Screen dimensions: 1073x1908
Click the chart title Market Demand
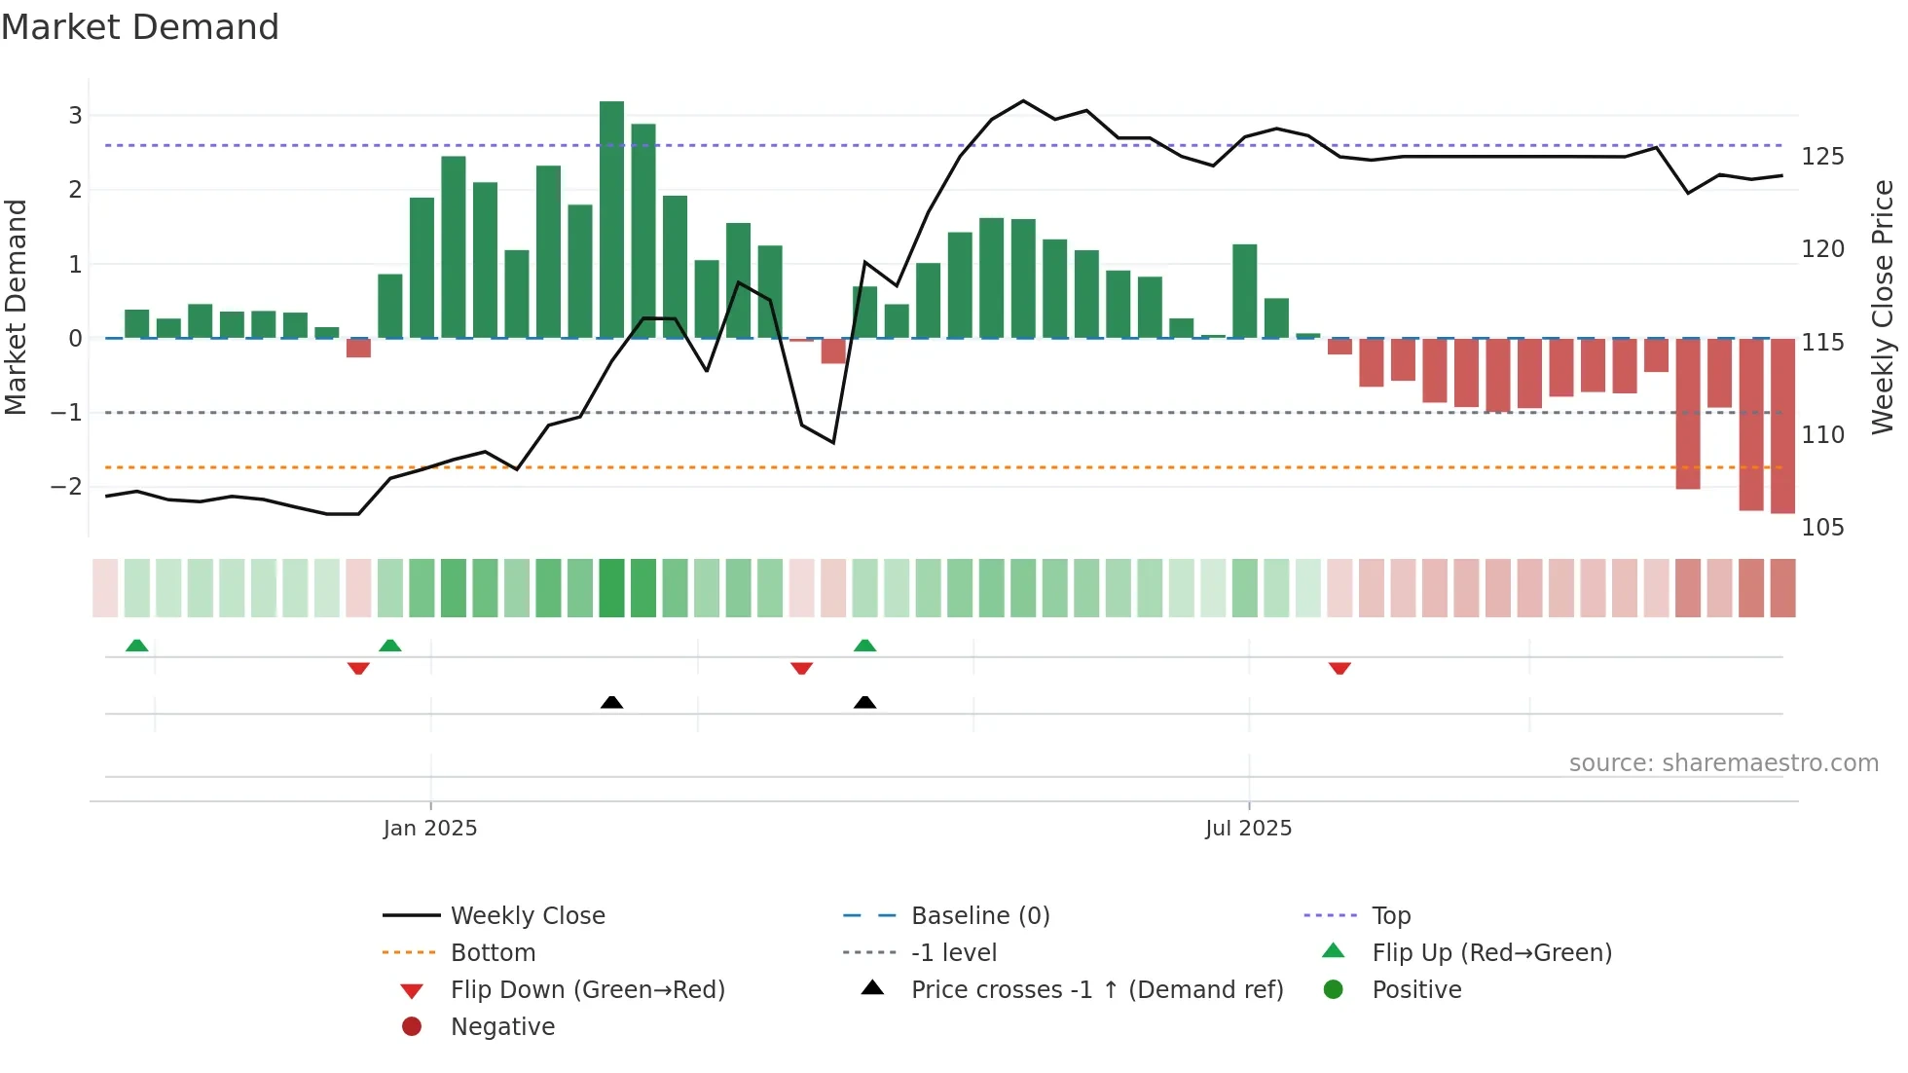pyautogui.click(x=140, y=27)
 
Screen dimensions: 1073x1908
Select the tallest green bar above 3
pyautogui.click(x=611, y=219)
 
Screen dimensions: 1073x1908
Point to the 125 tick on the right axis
pyautogui.click(x=1821, y=157)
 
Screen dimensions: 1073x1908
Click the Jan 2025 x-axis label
pyautogui.click(x=429, y=829)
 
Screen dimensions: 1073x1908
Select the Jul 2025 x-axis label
pyautogui.click(x=1248, y=829)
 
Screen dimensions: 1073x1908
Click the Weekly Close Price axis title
pyautogui.click(x=1883, y=307)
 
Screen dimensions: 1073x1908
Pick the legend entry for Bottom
pyautogui.click(x=493, y=953)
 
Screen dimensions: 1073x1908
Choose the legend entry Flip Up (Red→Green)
pyautogui.click(x=1491, y=953)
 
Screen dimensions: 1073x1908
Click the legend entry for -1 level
pyautogui.click(x=953, y=953)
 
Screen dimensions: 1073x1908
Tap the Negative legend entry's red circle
pyautogui.click(x=412, y=1027)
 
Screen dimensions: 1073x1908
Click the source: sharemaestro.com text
pyautogui.click(x=1723, y=763)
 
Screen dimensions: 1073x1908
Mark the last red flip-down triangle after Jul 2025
pyautogui.click(x=1339, y=668)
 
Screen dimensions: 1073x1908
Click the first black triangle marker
pyautogui.click(x=611, y=702)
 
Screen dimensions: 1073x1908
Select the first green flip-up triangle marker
pyautogui.click(x=137, y=646)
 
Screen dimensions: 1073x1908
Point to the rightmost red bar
pyautogui.click(x=1782, y=425)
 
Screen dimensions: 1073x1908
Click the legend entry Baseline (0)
pyautogui.click(x=979, y=916)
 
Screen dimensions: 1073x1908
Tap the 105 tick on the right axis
pyautogui.click(x=1821, y=528)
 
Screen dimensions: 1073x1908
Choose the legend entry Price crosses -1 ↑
pyautogui.click(x=1096, y=990)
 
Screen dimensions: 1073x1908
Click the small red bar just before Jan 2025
pyautogui.click(x=358, y=348)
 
